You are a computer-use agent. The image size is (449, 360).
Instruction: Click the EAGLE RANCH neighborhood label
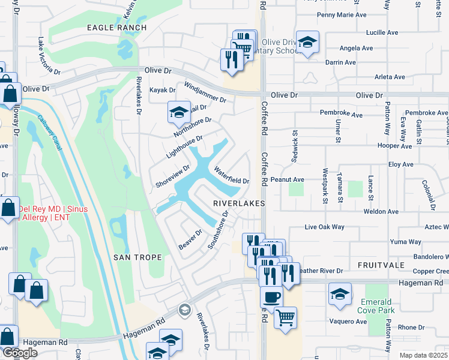point(116,28)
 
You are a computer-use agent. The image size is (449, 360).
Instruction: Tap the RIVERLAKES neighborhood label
point(239,204)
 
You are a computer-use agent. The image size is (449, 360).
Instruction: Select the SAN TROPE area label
point(137,257)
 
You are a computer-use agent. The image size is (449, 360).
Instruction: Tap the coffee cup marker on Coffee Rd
point(271,296)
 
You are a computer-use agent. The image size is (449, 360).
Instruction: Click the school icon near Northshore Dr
point(178,112)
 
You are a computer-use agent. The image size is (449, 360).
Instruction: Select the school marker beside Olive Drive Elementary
point(307,42)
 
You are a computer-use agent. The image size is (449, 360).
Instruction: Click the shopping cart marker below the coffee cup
point(286,316)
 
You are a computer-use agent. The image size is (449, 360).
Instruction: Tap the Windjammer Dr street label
point(205,92)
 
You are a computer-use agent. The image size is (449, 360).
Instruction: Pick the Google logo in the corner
point(20,353)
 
